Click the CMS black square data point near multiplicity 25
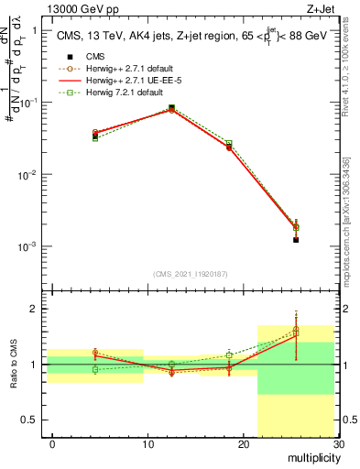(x=296, y=240)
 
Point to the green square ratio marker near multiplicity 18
(x=229, y=354)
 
